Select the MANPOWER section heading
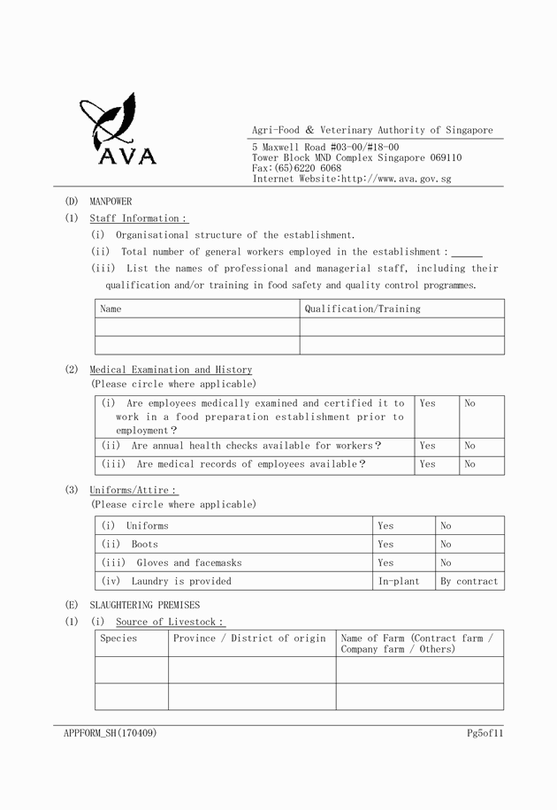[x=111, y=202]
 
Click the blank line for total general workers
[x=467, y=253]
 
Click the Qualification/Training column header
[x=362, y=309]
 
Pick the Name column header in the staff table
[x=111, y=309]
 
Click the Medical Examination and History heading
[x=171, y=370]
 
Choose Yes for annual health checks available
[x=427, y=447]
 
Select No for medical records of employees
[x=469, y=464]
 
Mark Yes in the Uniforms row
[x=385, y=526]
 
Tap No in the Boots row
[x=446, y=545]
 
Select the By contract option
[x=469, y=582]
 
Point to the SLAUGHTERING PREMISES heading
[x=145, y=606]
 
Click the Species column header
[x=118, y=638]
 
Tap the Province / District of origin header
[x=249, y=638]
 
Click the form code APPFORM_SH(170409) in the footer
[x=111, y=733]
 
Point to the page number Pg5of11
[x=485, y=733]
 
